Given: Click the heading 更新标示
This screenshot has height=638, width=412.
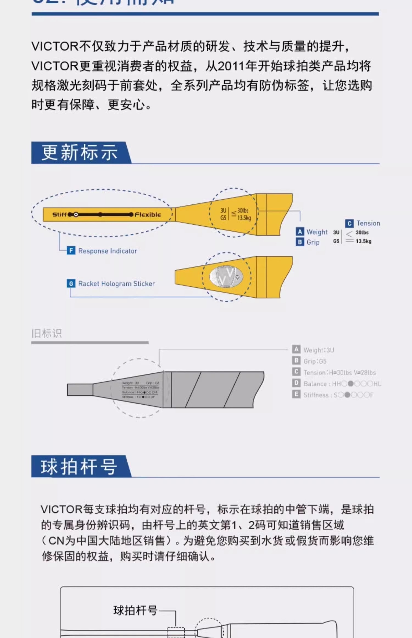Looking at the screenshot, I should click(80, 153).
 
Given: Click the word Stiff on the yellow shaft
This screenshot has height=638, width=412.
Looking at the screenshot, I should click(59, 215).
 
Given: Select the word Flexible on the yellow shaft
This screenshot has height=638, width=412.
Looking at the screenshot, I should click(148, 215).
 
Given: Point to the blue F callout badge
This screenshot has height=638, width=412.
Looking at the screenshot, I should click(71, 251).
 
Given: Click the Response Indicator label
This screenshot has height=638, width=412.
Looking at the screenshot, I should click(108, 251).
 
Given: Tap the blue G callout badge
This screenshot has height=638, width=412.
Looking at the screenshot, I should click(71, 284).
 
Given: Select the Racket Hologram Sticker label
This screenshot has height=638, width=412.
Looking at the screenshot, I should click(116, 284).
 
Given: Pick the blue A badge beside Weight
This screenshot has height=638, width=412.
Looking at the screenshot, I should click(300, 232).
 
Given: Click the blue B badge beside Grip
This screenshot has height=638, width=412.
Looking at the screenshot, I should click(300, 242).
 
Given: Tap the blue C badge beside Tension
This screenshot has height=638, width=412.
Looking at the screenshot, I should click(349, 223).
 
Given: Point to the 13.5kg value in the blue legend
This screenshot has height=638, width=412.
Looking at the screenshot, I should click(363, 241).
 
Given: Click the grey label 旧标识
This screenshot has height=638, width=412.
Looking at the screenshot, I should click(47, 334).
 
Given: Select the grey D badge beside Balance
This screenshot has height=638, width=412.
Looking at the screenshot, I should click(296, 383).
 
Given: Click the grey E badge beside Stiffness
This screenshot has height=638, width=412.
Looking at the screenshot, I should click(296, 395).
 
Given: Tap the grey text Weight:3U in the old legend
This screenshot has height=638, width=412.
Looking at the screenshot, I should click(319, 350).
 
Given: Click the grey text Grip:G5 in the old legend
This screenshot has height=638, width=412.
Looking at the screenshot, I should click(315, 361).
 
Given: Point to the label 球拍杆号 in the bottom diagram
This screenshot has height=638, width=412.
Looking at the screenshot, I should click(135, 611).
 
